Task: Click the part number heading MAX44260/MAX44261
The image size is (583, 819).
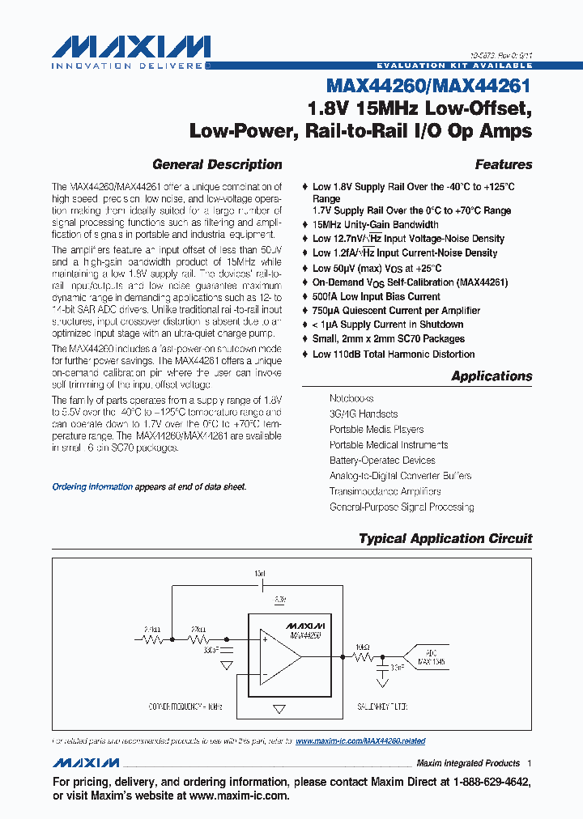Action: (x=429, y=85)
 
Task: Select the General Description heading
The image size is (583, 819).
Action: (x=217, y=164)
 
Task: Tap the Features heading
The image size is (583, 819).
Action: (x=503, y=164)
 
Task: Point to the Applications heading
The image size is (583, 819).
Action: (x=492, y=376)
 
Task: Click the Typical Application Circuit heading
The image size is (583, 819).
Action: (x=445, y=538)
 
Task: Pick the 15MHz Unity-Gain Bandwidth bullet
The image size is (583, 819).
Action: (x=376, y=224)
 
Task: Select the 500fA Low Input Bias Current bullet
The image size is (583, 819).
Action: (x=377, y=296)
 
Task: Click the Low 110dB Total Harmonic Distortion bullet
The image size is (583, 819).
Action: (x=394, y=354)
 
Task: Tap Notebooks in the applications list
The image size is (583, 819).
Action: (x=351, y=398)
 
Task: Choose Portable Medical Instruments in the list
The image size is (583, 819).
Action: (x=388, y=444)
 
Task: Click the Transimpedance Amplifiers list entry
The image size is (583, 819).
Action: (x=385, y=491)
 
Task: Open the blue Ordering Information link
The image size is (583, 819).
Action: (x=92, y=487)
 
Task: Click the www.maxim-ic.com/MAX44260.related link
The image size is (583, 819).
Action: (x=360, y=740)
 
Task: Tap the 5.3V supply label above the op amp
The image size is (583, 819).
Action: (x=279, y=600)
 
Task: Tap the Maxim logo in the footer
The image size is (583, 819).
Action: (x=86, y=763)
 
